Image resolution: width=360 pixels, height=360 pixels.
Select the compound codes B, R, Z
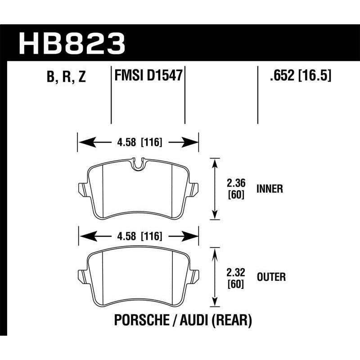tap(66, 77)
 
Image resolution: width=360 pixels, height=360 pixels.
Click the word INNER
tap(270, 189)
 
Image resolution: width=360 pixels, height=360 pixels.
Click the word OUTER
tap(271, 277)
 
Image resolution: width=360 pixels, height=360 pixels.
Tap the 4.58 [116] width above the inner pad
tap(139, 143)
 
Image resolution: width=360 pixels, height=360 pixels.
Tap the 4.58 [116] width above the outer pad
tap(139, 235)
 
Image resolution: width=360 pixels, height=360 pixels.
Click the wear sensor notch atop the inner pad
tap(139, 164)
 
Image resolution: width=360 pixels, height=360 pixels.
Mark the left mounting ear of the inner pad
tap(82, 187)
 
